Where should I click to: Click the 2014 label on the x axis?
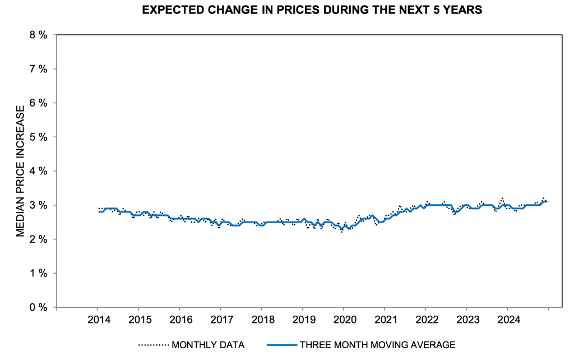tap(97, 320)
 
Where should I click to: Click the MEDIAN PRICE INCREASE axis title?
tap(20, 170)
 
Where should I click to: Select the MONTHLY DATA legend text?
tap(208, 345)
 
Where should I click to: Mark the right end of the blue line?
tap(548, 202)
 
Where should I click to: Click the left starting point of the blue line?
tap(99, 211)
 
